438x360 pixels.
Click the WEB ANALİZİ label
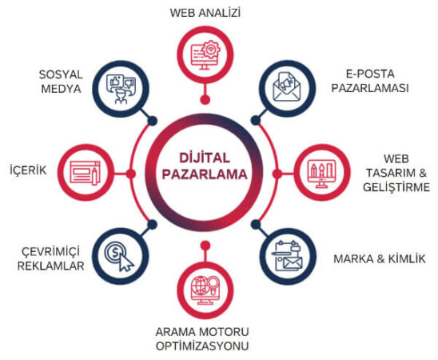[x=205, y=13]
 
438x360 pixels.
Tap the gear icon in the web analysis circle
[x=211, y=50]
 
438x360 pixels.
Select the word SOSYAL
[x=61, y=74]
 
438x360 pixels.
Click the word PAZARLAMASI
[x=370, y=88]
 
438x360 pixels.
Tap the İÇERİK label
[x=28, y=170]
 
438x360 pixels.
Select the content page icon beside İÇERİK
[x=85, y=173]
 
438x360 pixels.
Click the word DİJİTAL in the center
[x=205, y=158]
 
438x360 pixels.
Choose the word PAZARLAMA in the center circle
[x=205, y=174]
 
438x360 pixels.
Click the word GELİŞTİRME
[x=396, y=187]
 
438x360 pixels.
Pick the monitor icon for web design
[x=321, y=174]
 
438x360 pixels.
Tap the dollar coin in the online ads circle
[x=115, y=252]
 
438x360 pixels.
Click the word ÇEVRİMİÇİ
[x=50, y=251]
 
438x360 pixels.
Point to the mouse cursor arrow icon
[x=125, y=262]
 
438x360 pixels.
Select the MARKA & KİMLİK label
[x=380, y=259]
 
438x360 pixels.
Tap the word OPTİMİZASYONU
[x=202, y=346]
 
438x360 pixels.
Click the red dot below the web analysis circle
[x=205, y=99]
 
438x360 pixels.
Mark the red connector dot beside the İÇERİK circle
[x=131, y=174]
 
